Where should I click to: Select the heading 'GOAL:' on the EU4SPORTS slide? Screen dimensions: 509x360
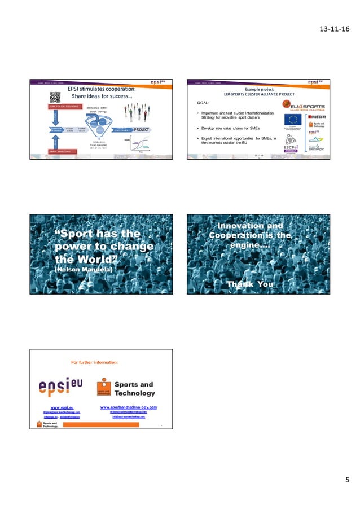[x=205, y=103]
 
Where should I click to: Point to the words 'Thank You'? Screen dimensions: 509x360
[x=249, y=284]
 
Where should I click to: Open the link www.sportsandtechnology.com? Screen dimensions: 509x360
[x=128, y=406]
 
